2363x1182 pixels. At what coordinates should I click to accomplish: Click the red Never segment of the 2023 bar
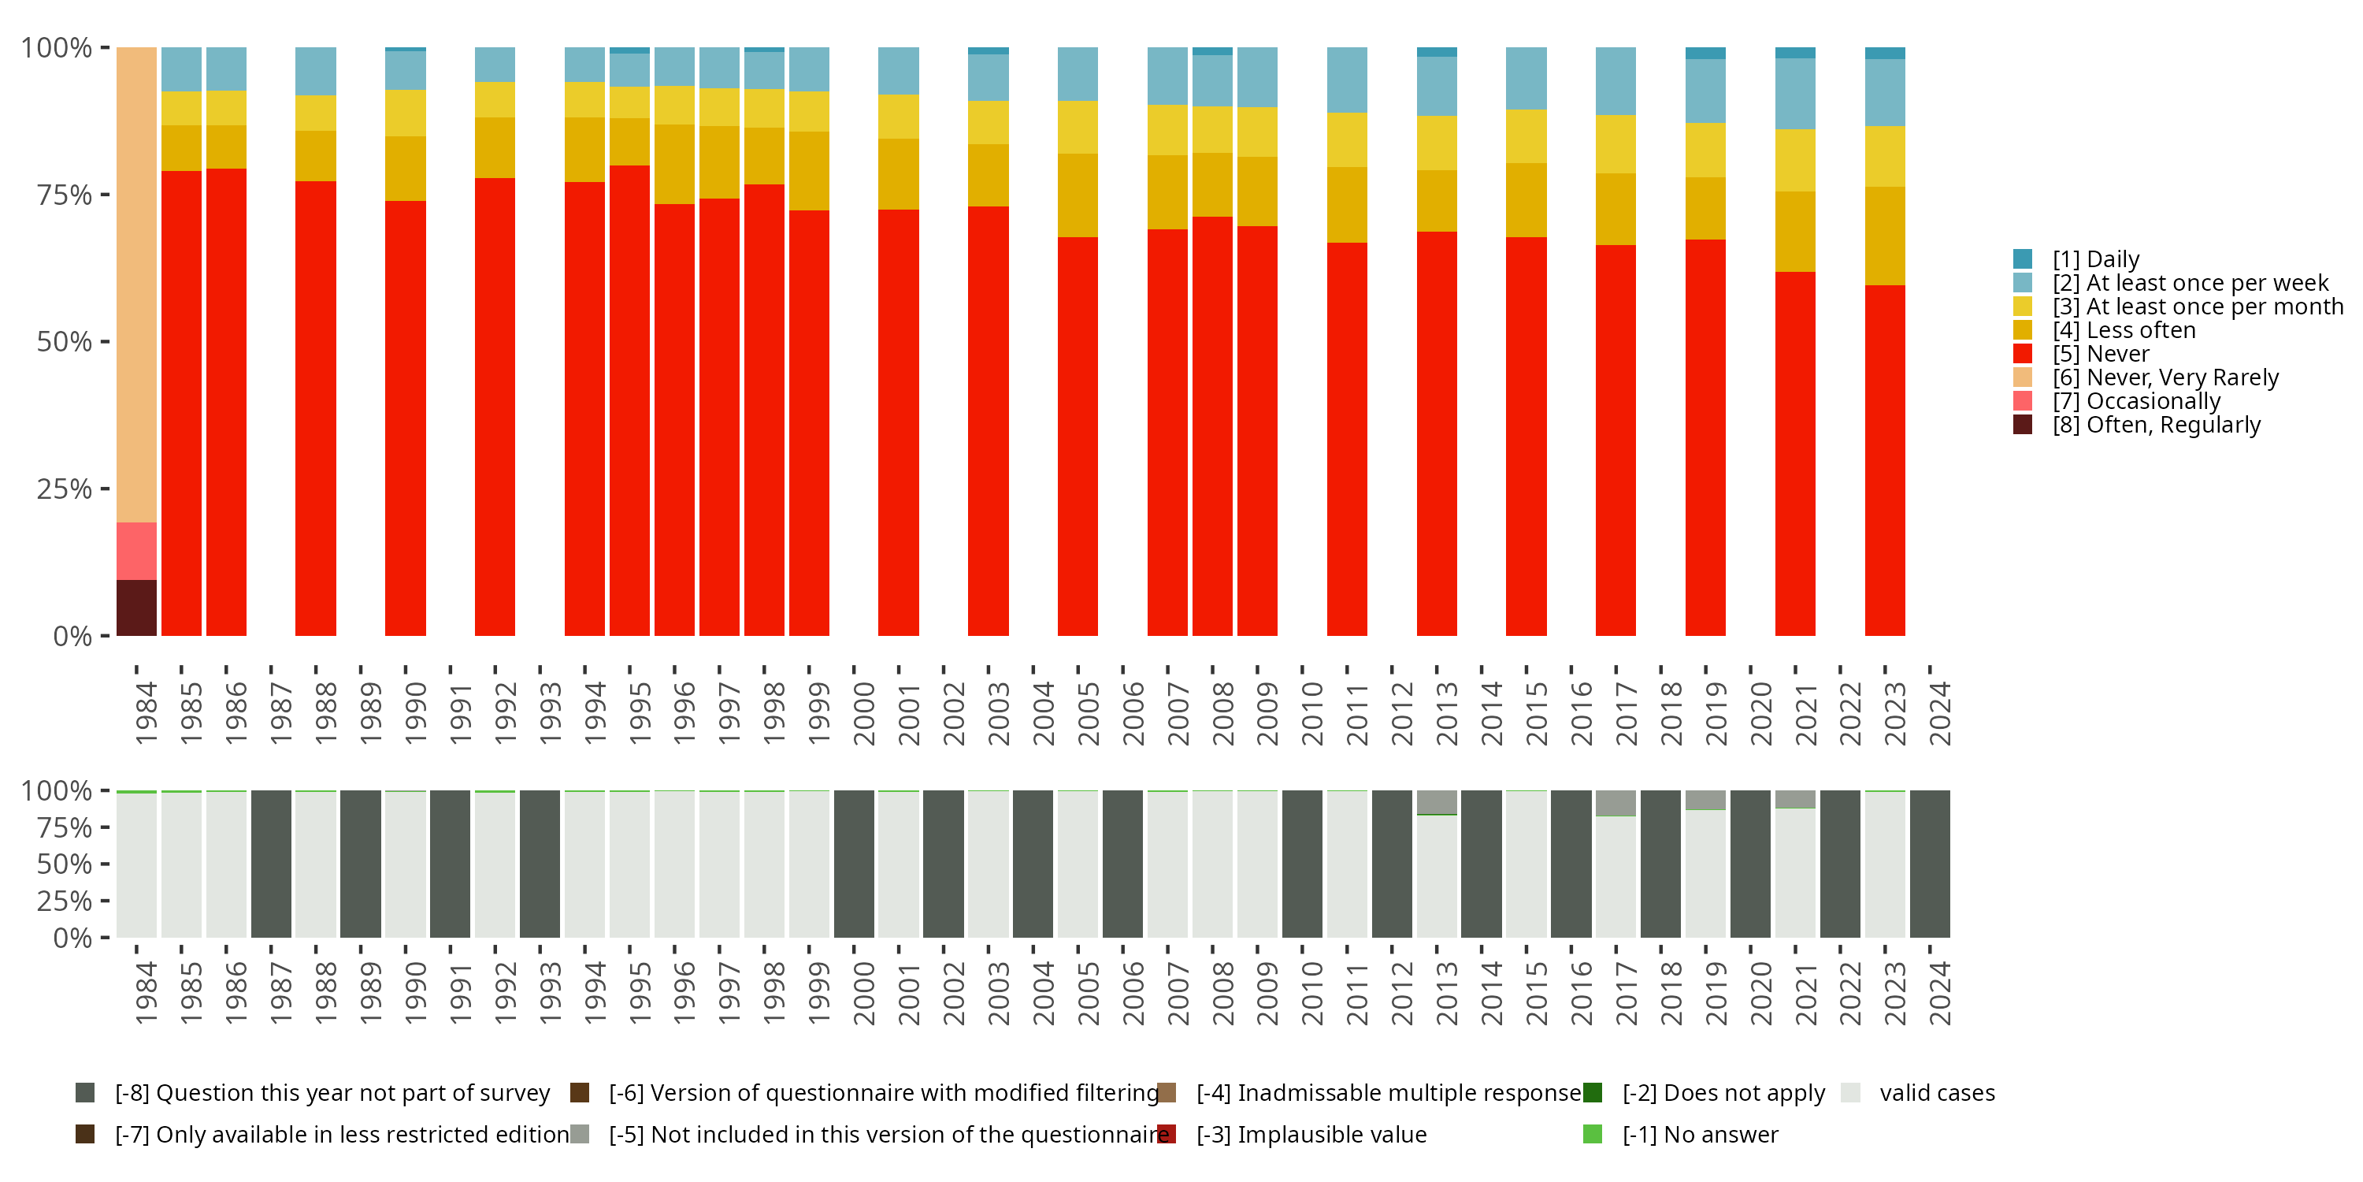coord(1885,459)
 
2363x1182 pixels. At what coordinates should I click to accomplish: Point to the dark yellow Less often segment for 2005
coord(1078,195)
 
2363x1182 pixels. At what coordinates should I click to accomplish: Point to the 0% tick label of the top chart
coord(72,636)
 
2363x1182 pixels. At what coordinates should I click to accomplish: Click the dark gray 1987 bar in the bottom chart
coord(272,864)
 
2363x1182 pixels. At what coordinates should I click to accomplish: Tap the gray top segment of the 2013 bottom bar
coord(1437,802)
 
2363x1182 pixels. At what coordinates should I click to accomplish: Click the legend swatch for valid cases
coord(1851,1093)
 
